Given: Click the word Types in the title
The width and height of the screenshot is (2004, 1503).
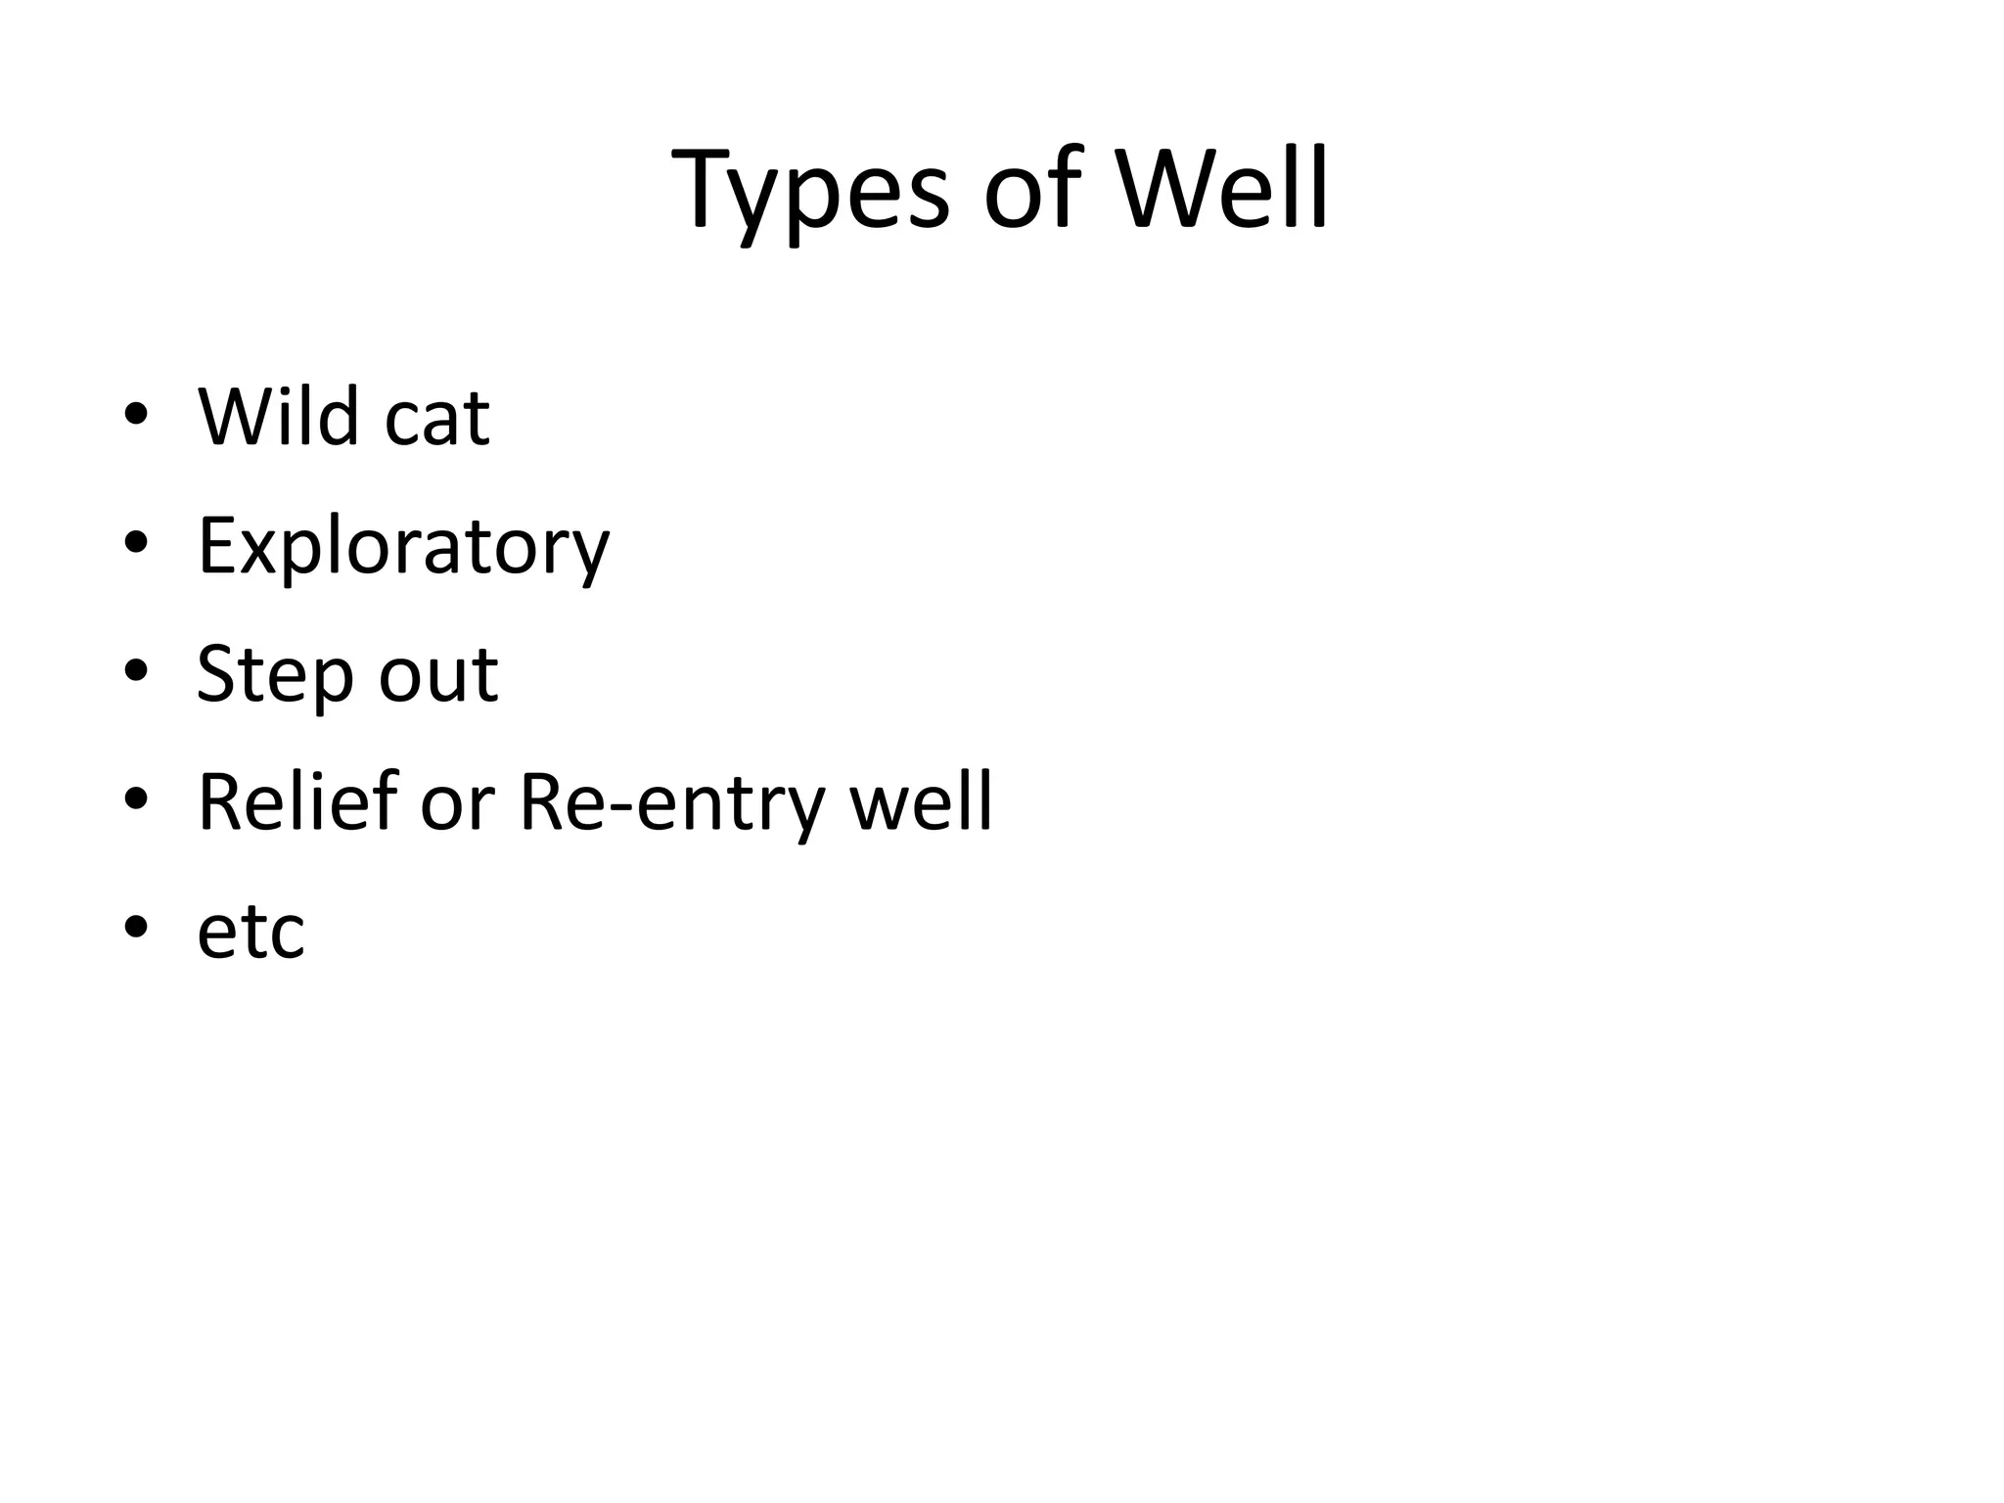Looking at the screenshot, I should (x=810, y=190).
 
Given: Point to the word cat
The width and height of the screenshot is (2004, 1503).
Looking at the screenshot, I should (x=437, y=421).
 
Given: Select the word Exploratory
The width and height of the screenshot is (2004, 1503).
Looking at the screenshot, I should (x=403, y=548).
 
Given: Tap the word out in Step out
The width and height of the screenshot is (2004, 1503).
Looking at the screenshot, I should (x=438, y=677).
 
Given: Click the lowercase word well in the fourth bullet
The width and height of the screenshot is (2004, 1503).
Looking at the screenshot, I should (x=921, y=802).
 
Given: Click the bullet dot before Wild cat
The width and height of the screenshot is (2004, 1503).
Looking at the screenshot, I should (x=136, y=415).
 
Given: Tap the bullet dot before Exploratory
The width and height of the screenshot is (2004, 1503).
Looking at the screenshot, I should (x=136, y=543).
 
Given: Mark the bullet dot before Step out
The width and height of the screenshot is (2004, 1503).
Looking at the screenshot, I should (x=136, y=671).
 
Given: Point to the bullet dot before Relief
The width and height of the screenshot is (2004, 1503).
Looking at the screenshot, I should (x=136, y=799).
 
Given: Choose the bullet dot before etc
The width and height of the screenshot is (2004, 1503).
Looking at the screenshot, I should (x=136, y=927).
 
